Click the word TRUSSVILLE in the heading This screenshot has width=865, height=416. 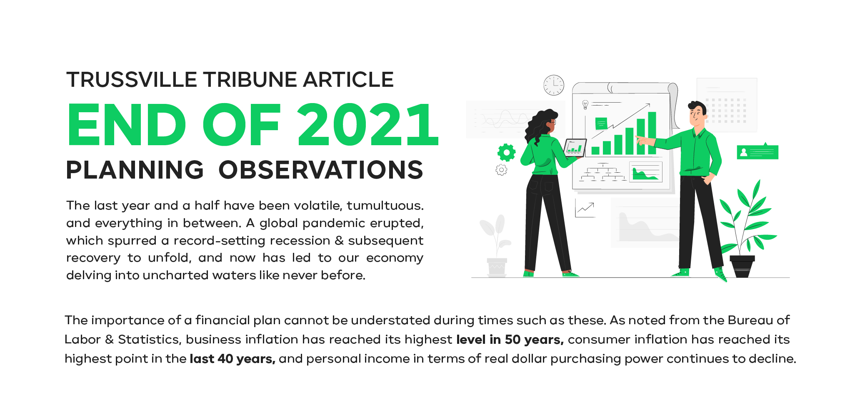132,80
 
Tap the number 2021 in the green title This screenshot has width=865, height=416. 368,125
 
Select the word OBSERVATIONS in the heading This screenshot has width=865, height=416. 321,170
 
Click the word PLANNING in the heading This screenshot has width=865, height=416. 135,170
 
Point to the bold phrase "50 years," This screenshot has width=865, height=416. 534,340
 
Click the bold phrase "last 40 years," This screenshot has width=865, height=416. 232,359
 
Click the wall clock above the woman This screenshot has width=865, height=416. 554,85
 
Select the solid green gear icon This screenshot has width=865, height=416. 507,152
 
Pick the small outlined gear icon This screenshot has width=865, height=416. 501,170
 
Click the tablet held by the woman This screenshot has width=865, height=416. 575,147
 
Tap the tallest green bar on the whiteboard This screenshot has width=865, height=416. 652,133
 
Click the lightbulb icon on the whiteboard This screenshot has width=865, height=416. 585,104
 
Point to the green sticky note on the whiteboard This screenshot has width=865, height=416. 601,124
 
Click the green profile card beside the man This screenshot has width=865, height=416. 757,151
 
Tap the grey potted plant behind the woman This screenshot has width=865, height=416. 496,246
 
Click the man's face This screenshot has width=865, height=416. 696,115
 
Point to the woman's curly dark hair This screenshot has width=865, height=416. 539,125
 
